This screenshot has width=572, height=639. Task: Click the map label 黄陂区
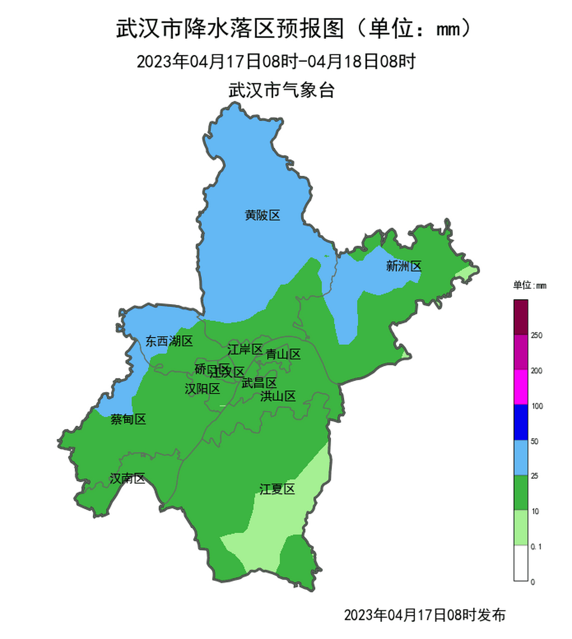(262, 215)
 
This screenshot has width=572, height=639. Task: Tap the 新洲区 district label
(404, 266)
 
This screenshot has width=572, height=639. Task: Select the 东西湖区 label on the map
(169, 341)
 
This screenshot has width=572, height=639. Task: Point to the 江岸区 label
(245, 349)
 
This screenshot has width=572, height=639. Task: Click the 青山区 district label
(283, 354)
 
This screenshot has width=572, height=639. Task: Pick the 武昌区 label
(259, 383)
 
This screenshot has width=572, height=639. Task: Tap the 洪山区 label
(278, 396)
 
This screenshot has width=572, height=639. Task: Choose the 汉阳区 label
(202, 389)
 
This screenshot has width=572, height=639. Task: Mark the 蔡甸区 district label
(128, 419)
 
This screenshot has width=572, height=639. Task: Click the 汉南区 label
(127, 479)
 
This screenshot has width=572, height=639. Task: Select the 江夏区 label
(277, 489)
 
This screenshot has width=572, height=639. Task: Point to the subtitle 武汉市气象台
(281, 90)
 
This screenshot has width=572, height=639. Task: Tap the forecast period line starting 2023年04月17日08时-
(276, 62)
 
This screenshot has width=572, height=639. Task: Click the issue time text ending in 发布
(425, 615)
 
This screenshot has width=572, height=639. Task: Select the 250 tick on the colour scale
(537, 335)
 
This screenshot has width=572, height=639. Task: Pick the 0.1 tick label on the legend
(536, 547)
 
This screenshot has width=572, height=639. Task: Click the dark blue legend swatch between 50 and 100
(521, 422)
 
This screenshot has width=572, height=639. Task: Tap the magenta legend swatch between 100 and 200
(521, 387)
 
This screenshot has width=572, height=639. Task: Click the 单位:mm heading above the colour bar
(530, 286)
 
